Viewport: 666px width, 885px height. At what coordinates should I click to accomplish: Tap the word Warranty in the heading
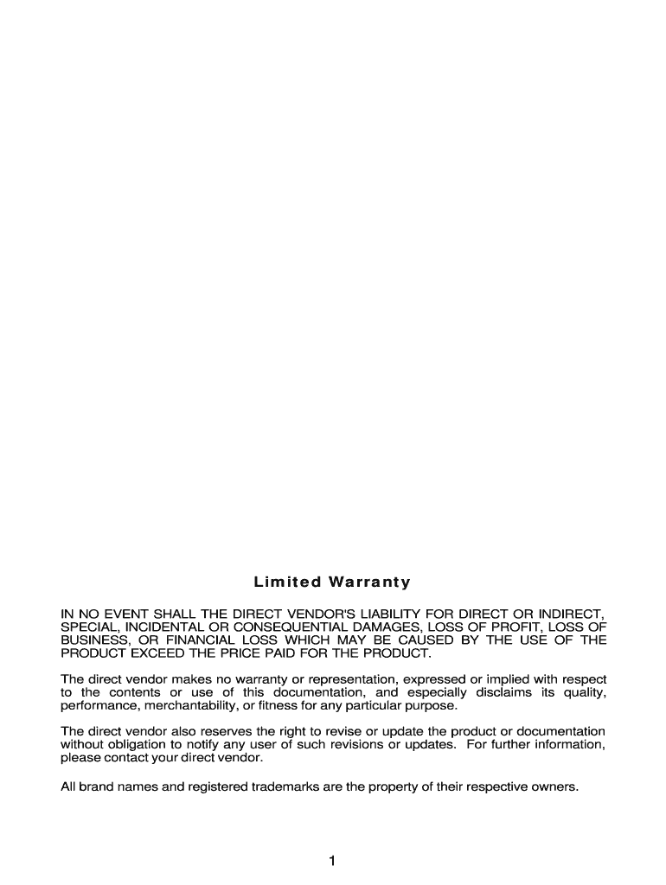point(368,582)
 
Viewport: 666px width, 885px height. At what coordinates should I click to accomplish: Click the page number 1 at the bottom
point(332,860)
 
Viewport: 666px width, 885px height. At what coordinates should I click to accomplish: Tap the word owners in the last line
point(552,786)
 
